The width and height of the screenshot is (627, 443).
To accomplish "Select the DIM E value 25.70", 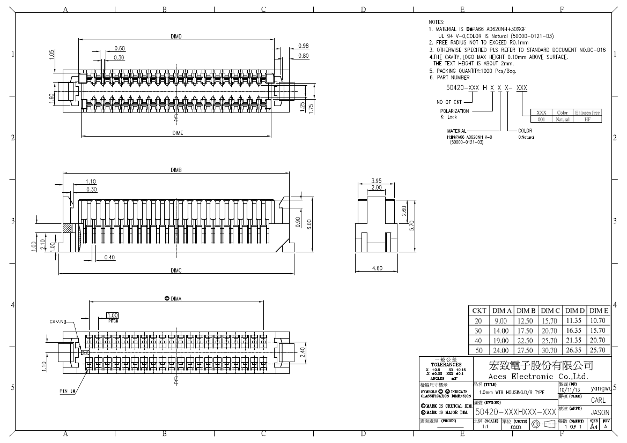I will tap(599, 350).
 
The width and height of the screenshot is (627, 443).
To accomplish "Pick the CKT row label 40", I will tap(478, 340).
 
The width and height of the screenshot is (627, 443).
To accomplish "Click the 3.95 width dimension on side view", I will tap(376, 181).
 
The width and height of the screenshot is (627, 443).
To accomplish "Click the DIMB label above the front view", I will tap(176, 170).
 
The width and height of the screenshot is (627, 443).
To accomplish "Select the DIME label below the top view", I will tap(178, 133).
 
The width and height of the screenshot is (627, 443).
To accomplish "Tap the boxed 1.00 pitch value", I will tap(113, 315).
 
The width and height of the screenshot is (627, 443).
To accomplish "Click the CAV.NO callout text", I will tap(57, 322).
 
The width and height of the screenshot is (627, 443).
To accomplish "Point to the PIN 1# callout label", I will tap(68, 391).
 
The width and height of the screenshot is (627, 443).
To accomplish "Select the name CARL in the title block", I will tap(599, 400).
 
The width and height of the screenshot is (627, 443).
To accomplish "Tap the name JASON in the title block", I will tap(599, 413).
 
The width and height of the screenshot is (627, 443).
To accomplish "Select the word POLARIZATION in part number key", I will tap(454, 111).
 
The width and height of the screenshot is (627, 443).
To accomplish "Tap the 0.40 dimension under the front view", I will tap(109, 258).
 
